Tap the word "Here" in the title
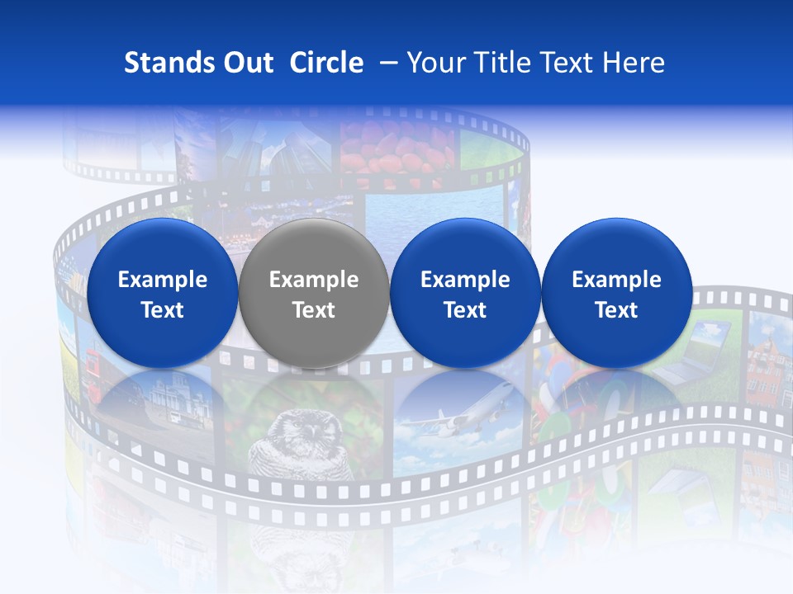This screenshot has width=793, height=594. [x=634, y=64]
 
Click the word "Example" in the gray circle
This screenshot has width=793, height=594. [x=314, y=280]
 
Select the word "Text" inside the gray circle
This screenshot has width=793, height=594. [x=314, y=310]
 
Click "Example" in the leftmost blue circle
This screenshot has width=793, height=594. [x=163, y=280]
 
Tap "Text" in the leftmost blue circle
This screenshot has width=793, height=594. [x=163, y=310]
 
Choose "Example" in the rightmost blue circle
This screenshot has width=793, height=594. [x=617, y=280]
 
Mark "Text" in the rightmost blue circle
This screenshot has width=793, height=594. [x=617, y=310]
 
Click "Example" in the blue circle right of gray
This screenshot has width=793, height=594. [x=465, y=280]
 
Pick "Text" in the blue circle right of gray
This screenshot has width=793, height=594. [x=465, y=310]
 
